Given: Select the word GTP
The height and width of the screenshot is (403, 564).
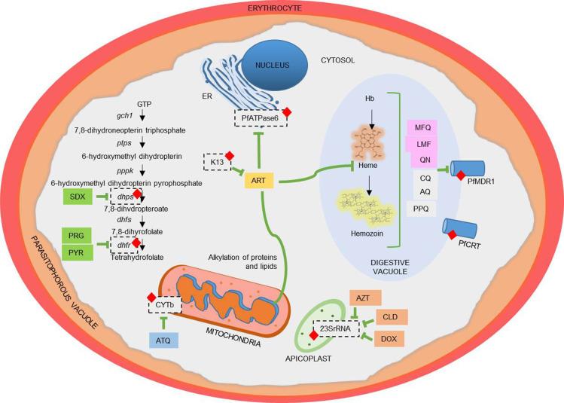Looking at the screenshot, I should tap(145, 102).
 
